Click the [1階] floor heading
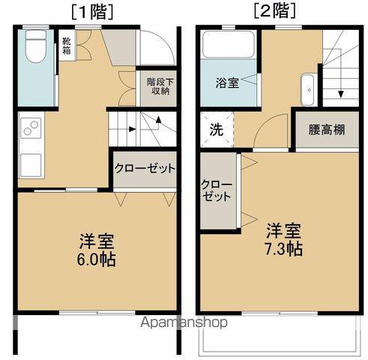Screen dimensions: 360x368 coord(91,11)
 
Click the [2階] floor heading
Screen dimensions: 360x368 coord(274,11)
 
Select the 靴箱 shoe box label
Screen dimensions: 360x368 coord(67,46)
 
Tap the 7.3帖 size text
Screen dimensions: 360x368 coord(283,249)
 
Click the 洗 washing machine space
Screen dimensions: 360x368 coord(216,128)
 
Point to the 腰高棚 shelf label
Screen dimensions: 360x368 coord(328,128)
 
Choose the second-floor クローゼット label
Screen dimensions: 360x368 coord(217,190)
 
